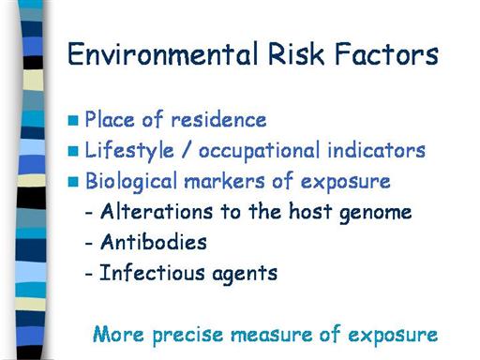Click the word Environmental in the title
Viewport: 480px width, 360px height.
tap(163, 54)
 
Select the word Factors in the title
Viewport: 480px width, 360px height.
tap(386, 54)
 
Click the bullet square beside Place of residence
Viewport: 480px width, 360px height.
tap(73, 120)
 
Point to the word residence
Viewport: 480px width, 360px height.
tap(218, 120)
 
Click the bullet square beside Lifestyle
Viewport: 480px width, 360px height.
tap(73, 151)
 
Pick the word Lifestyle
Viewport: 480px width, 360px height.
tap(129, 151)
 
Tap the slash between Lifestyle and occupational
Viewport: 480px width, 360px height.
tap(187, 150)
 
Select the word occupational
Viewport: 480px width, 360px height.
tap(260, 151)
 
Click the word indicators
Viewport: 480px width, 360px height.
tap(377, 150)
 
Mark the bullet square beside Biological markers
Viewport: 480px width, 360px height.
tap(73, 182)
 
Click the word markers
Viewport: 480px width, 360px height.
tap(224, 181)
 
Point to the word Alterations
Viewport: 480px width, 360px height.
tap(157, 211)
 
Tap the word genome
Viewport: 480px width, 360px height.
tap(375, 214)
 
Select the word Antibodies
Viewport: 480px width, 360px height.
tap(154, 242)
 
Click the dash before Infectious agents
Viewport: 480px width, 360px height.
tap(89, 274)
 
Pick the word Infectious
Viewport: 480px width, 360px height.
tap(152, 272)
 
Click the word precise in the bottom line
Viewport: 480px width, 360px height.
tap(187, 336)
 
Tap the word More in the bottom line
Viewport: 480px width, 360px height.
tap(118, 334)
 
